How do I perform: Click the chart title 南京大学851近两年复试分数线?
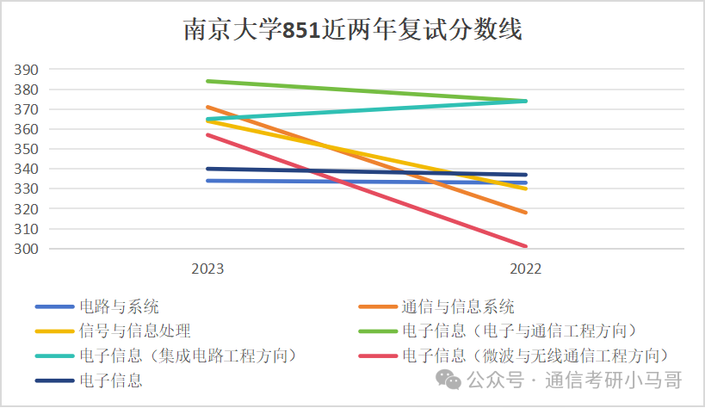(353, 31)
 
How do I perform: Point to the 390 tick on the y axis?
(26, 70)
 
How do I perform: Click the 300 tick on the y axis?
(26, 249)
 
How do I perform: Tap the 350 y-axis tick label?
(26, 149)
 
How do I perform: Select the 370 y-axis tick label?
(26, 109)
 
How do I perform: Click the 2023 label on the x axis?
(207, 269)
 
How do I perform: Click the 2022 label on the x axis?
(525, 269)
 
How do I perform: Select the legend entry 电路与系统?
(119, 306)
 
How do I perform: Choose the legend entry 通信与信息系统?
(457, 306)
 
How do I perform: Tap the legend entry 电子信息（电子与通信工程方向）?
(523, 331)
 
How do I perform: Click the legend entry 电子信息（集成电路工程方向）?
(192, 355)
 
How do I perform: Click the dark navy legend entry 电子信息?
(110, 380)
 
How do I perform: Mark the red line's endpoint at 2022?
(526, 246)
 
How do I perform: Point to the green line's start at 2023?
(207, 81)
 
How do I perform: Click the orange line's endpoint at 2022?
(526, 213)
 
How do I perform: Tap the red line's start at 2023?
(207, 134)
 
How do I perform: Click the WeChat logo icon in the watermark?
(448, 380)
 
